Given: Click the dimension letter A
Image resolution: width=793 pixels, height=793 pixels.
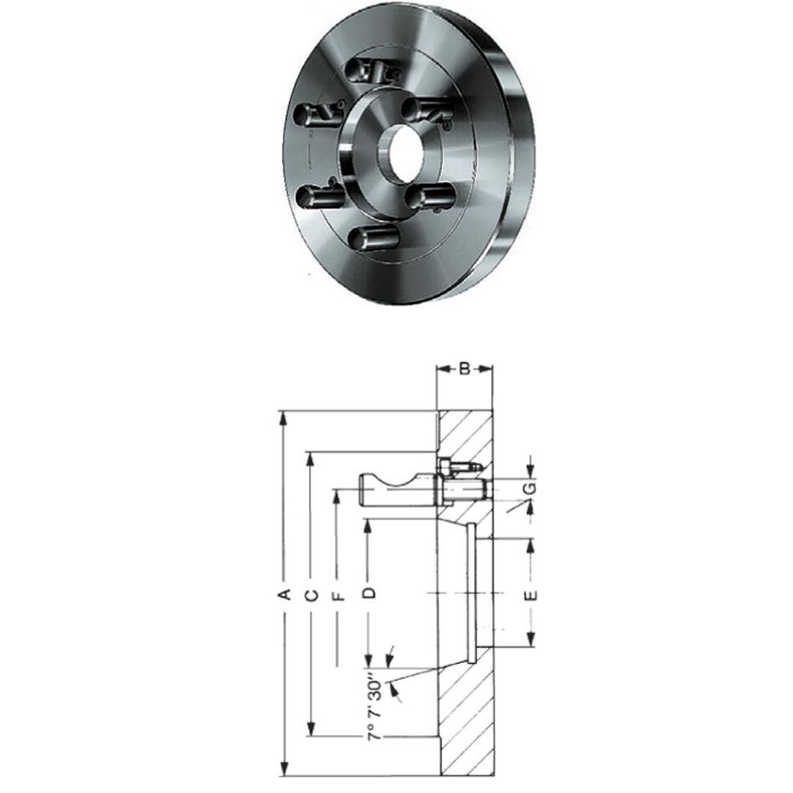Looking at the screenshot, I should pos(284,594).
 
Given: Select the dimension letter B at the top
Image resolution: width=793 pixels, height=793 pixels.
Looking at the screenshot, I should pos(464,368).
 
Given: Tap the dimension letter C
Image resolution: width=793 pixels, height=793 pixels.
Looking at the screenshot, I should pos(310,594).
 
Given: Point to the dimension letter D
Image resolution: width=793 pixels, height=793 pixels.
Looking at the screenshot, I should pos(368,593).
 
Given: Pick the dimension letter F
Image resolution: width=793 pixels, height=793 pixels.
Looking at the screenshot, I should pos(338,595).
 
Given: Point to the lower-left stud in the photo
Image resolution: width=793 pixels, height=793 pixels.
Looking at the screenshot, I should pos(318,197).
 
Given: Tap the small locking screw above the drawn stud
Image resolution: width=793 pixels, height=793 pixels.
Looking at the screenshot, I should pos(460,464).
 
